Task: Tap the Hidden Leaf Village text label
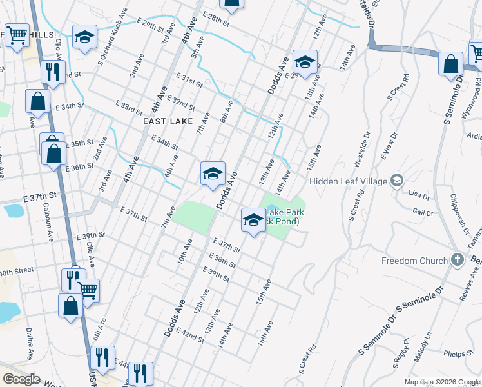(x=349, y=181)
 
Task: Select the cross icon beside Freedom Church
(x=458, y=260)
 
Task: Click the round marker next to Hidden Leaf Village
(x=396, y=181)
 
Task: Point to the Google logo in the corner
(x=21, y=379)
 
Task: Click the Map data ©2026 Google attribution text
(x=442, y=382)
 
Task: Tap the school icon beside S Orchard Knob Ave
(x=84, y=37)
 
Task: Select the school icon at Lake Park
(x=253, y=221)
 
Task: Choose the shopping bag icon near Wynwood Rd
(x=450, y=64)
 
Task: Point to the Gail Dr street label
(x=423, y=212)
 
